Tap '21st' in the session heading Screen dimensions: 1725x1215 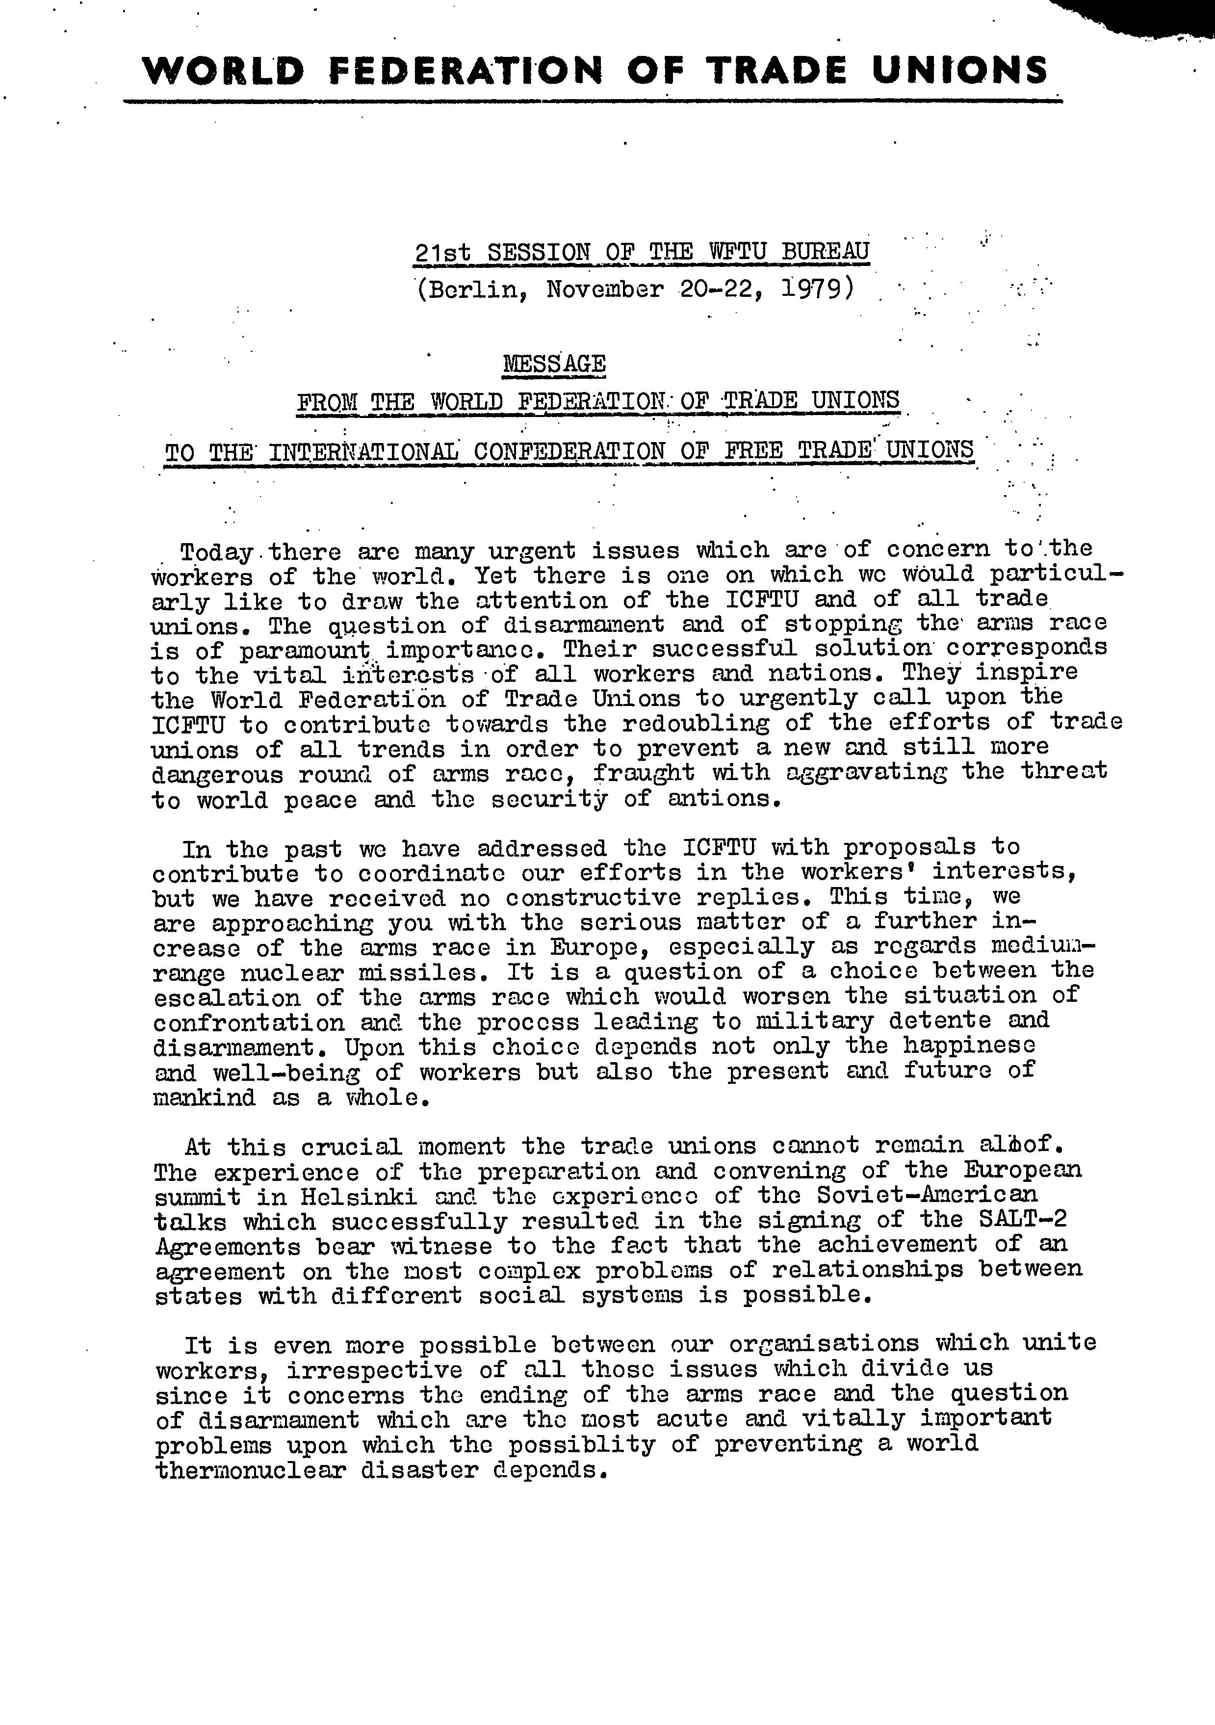pyautogui.click(x=442, y=252)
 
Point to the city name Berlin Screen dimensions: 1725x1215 pyautogui.click(x=473, y=289)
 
